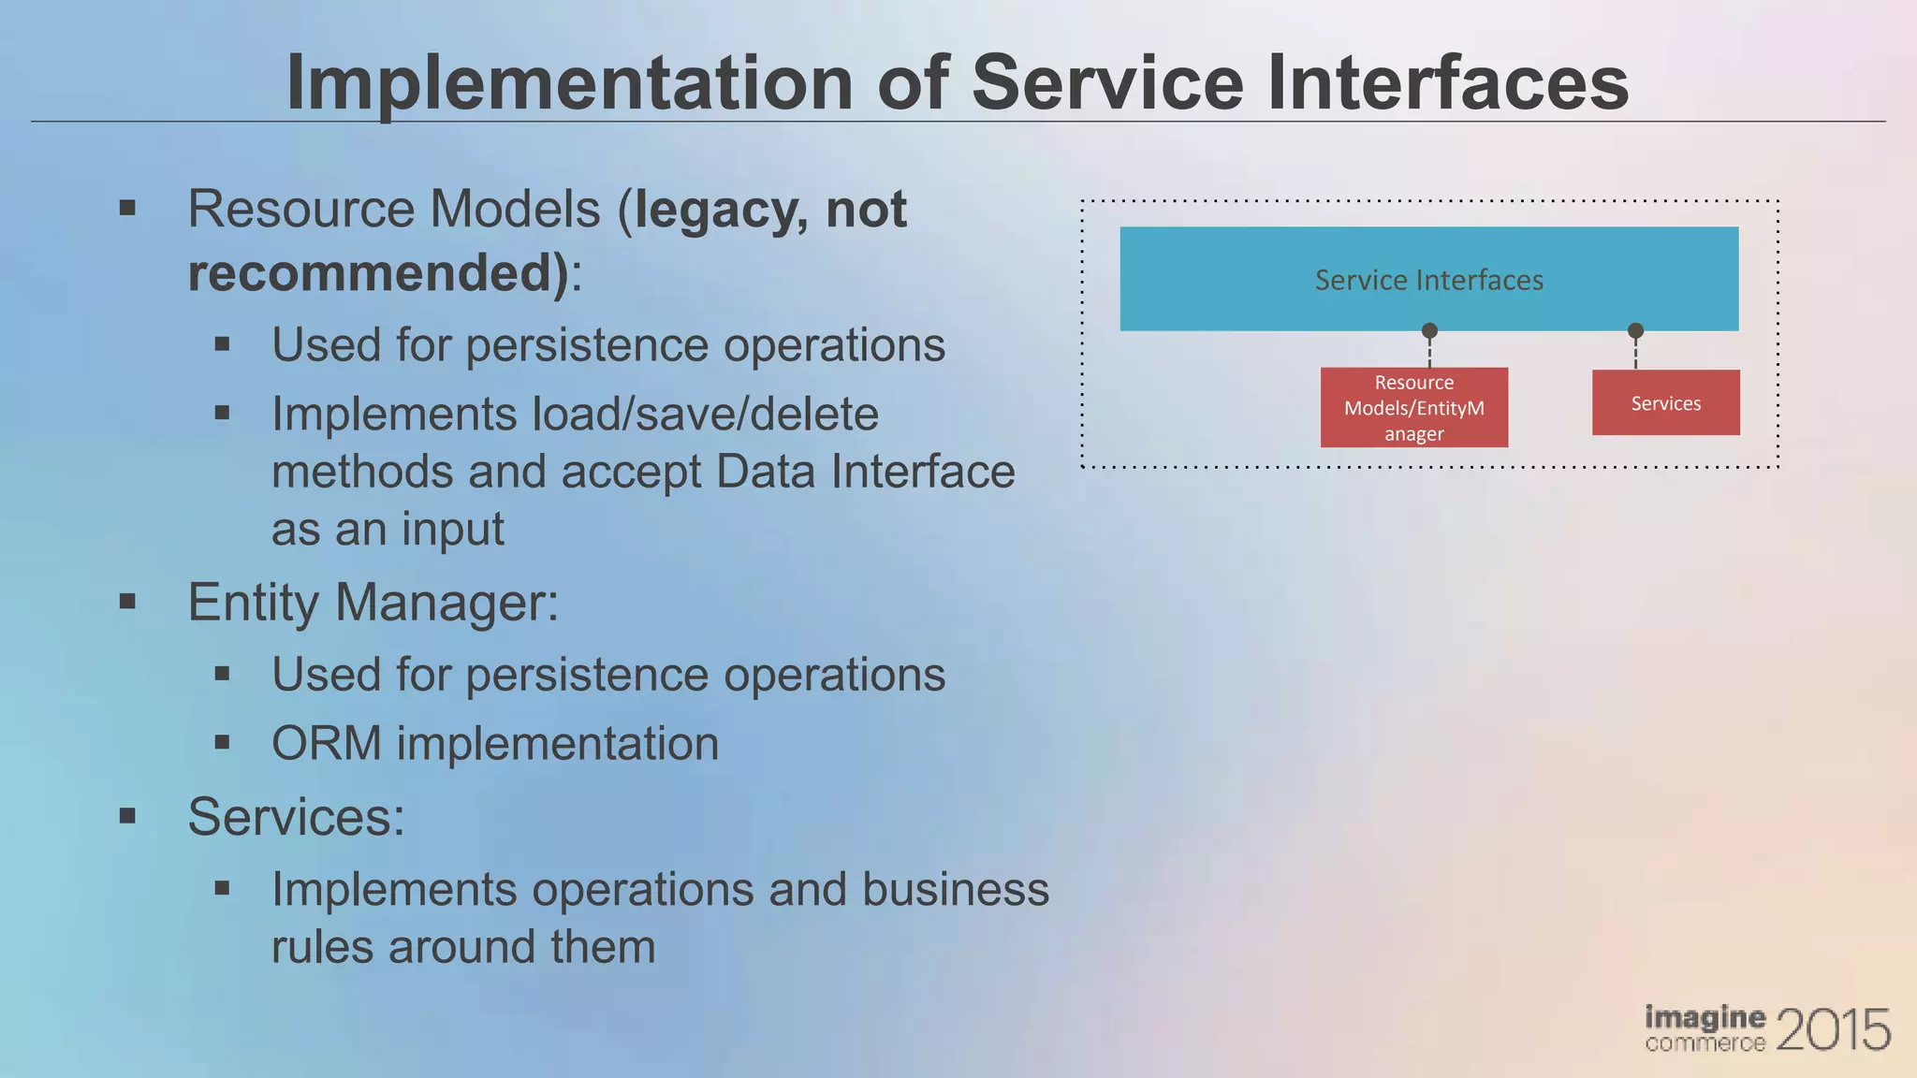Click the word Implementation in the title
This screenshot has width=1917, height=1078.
pyautogui.click(x=569, y=84)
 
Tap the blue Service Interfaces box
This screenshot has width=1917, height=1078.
pyautogui.click(x=1428, y=279)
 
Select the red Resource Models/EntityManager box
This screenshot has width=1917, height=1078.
pyautogui.click(x=1413, y=408)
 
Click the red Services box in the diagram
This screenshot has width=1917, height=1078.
pyautogui.click(x=1665, y=403)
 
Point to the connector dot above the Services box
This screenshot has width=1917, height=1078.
pyautogui.click(x=1635, y=330)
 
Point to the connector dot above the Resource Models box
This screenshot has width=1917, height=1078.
pyautogui.click(x=1429, y=330)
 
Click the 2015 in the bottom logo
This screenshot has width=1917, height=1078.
pyautogui.click(x=1832, y=1030)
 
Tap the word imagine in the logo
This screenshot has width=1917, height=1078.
pyautogui.click(x=1705, y=1017)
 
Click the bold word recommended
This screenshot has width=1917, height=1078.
pyautogui.click(x=377, y=272)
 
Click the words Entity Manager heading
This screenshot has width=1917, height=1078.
pyautogui.click(x=373, y=602)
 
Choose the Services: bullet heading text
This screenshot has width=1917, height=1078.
pyautogui.click(x=296, y=816)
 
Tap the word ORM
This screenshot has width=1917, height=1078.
pyautogui.click(x=326, y=744)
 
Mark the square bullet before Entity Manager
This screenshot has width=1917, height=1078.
pyautogui.click(x=128, y=601)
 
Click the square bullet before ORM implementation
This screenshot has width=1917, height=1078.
pyautogui.click(x=222, y=743)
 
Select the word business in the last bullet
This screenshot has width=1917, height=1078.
pyautogui.click(x=955, y=889)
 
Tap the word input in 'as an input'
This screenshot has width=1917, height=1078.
pyautogui.click(x=453, y=530)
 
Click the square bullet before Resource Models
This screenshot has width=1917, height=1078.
pyautogui.click(x=128, y=208)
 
